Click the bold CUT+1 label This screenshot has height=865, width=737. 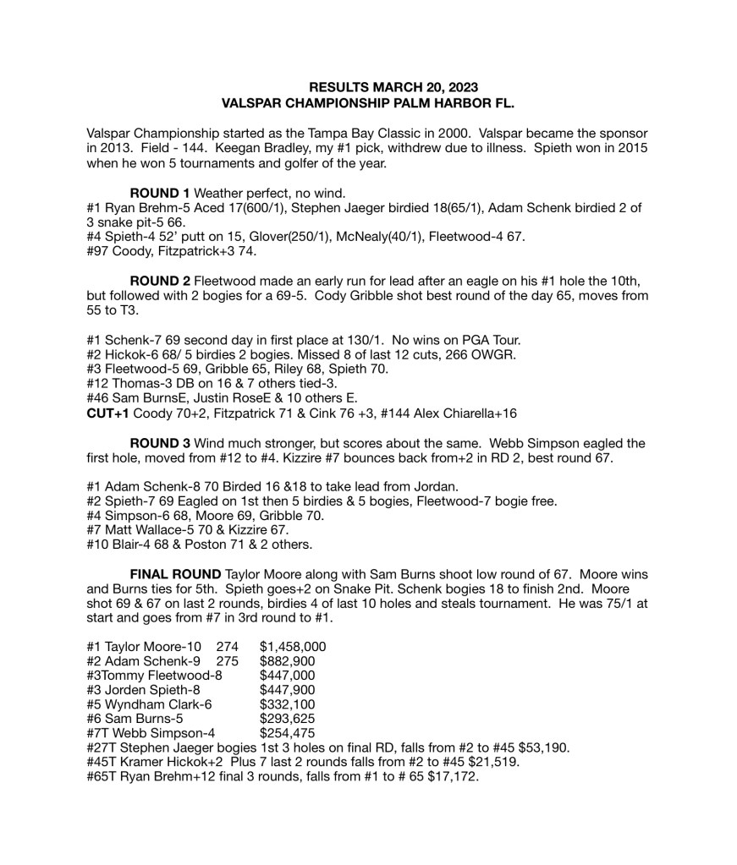click(x=107, y=413)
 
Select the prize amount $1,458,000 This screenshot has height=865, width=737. click(x=293, y=647)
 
